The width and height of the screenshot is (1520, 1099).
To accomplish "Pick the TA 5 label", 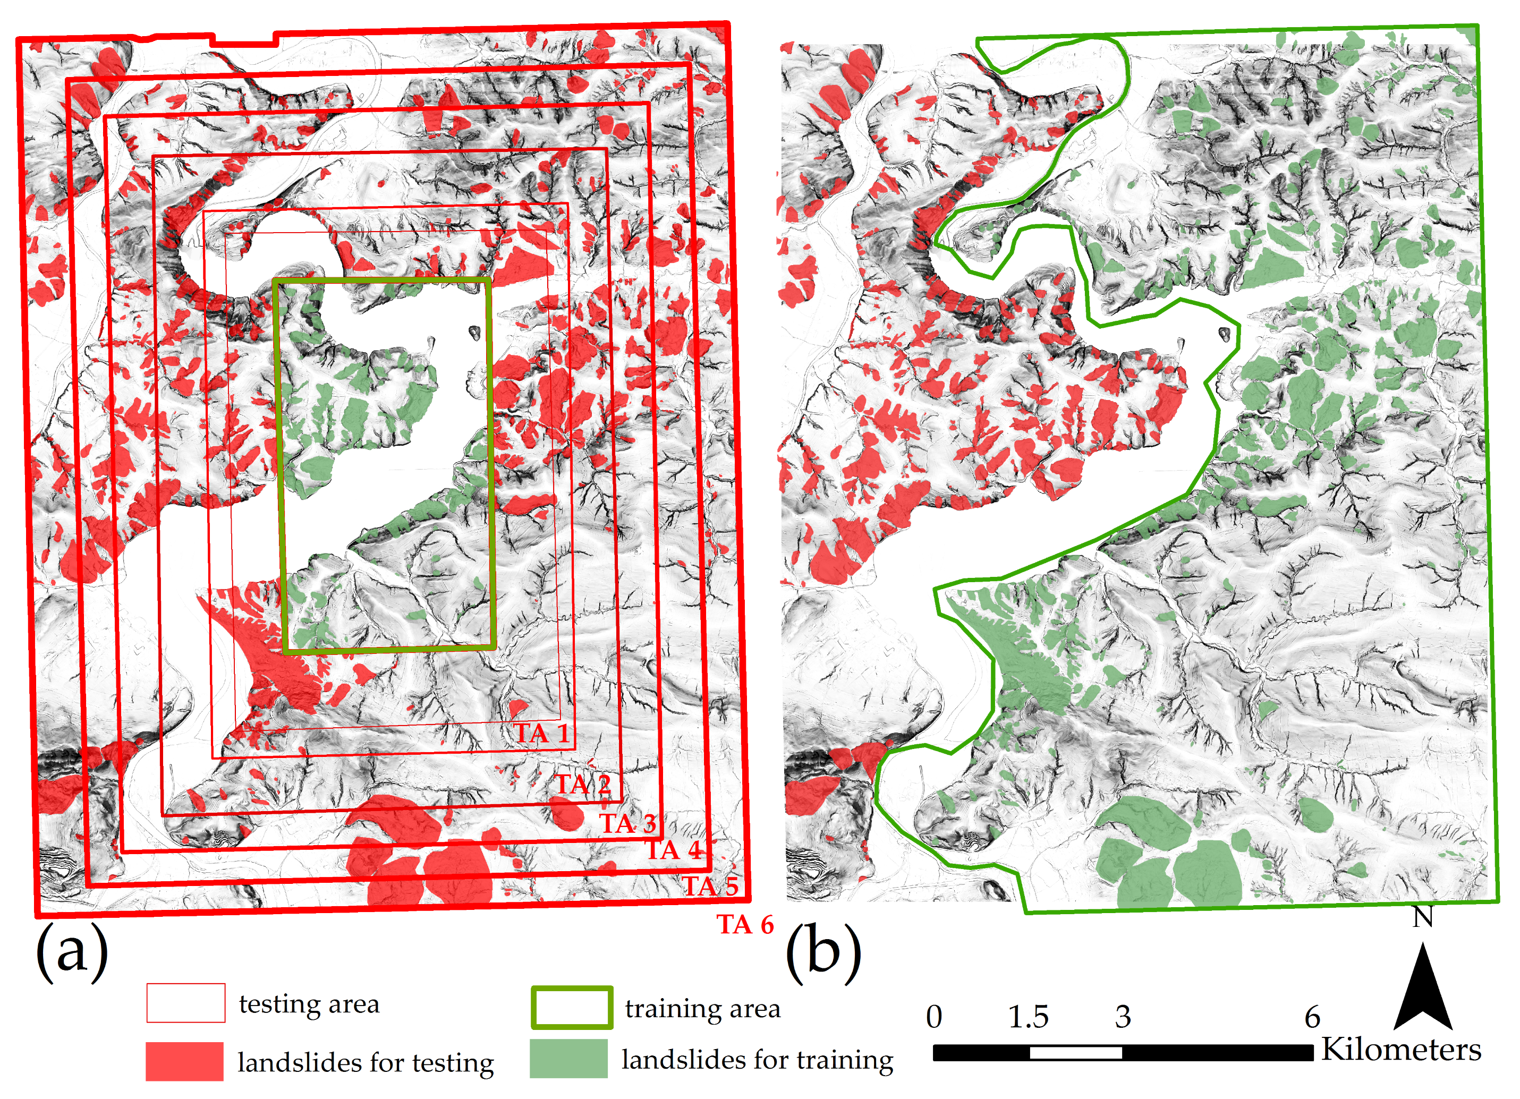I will point(711,886).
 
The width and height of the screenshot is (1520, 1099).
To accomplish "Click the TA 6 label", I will point(746,925).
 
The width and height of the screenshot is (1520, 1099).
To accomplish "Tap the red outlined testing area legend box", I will point(185,1003).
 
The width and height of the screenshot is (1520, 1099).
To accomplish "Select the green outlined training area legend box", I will point(572,1007).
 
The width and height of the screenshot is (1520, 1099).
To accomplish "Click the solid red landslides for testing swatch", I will point(184,1061).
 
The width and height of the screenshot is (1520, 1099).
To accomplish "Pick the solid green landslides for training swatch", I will point(568,1059).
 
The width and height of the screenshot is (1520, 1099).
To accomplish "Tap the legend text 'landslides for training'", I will point(757,1060).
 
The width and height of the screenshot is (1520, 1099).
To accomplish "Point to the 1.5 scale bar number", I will point(1028,1017).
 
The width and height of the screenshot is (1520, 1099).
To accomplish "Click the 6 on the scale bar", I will point(1312,1017).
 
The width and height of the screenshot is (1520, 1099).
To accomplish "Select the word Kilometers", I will point(1400,1050).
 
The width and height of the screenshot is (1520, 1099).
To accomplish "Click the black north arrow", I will point(1423,992).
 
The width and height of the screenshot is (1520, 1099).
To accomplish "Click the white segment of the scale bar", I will point(1076,1053).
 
